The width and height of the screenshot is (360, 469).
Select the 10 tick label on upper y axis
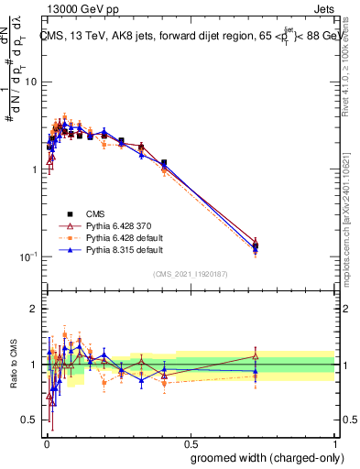(28, 82)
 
